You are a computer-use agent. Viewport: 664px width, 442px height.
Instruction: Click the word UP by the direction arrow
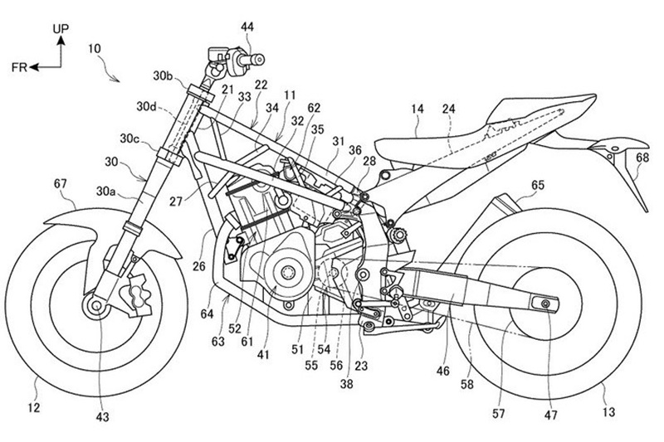(61, 29)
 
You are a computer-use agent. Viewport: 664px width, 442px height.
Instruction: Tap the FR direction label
(19, 67)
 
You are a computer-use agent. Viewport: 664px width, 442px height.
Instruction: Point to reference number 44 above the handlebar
(247, 27)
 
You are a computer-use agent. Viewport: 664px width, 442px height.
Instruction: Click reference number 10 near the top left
(95, 48)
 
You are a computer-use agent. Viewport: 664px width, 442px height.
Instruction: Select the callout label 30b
(163, 75)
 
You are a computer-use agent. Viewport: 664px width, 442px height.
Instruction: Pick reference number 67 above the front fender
(61, 183)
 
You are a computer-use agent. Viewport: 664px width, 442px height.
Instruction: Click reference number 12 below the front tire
(34, 408)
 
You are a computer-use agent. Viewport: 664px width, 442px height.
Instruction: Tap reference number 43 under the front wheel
(102, 417)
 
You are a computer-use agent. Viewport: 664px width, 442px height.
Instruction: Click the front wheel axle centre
(96, 305)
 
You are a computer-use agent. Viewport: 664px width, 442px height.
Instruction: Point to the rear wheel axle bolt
(544, 303)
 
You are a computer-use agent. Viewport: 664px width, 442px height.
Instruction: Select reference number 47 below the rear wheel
(550, 415)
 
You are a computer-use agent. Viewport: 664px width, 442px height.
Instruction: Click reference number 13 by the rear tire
(608, 411)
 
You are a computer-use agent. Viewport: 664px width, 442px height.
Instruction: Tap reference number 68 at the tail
(642, 158)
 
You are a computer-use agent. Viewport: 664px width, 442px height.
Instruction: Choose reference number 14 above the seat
(417, 109)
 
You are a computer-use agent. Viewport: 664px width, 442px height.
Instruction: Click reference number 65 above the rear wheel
(538, 185)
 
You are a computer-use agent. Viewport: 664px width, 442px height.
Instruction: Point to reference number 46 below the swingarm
(443, 372)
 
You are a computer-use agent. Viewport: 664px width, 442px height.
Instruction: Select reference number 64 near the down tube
(207, 313)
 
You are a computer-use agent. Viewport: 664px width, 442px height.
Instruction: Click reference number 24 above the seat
(448, 109)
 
